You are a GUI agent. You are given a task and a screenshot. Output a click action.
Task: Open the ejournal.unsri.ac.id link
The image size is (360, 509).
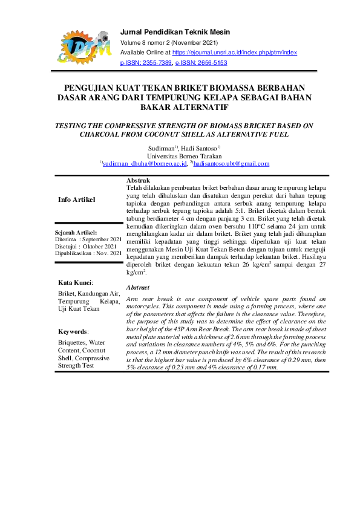point(235,53)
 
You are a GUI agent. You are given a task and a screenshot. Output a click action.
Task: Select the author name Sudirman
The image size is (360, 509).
point(161,148)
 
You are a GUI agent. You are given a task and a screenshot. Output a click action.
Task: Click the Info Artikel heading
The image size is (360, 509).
point(76,199)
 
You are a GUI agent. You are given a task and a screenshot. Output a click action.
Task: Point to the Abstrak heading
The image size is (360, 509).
point(139,181)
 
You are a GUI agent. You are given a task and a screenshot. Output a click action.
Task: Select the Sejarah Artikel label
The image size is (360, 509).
point(76,233)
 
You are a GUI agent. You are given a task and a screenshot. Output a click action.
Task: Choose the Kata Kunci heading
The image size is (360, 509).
point(75,282)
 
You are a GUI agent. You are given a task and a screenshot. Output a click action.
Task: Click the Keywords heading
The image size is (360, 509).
point(73,332)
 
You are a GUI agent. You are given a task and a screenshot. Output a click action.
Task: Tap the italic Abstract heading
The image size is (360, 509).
point(139,288)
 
